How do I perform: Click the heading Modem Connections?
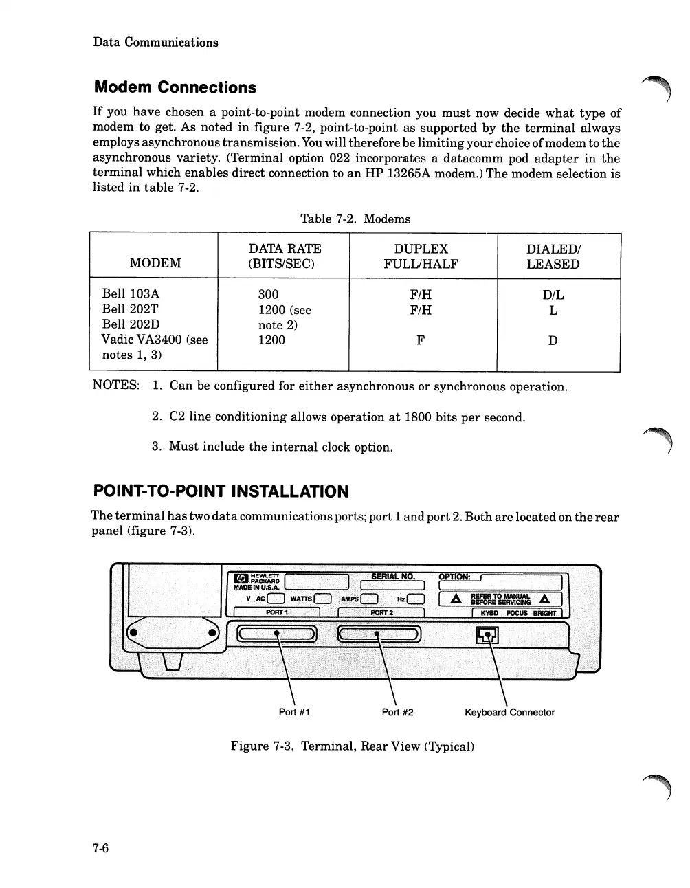[175, 87]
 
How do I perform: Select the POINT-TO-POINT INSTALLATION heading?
[221, 491]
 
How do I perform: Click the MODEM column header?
[155, 263]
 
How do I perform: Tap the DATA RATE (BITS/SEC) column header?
[285, 256]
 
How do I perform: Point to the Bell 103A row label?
[131, 294]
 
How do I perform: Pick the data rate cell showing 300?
[268, 295]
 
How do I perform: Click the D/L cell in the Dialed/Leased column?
[553, 295]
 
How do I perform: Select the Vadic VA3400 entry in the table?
[154, 340]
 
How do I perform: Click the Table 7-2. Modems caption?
[355, 219]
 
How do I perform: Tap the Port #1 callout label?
[294, 712]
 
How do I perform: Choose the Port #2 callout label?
[397, 712]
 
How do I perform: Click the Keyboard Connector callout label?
[509, 712]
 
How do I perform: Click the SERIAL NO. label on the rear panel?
[392, 576]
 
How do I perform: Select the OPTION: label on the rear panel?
[454, 576]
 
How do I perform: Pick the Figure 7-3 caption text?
[353, 746]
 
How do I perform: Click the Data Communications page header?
[155, 42]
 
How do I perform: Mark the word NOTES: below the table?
[116, 385]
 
